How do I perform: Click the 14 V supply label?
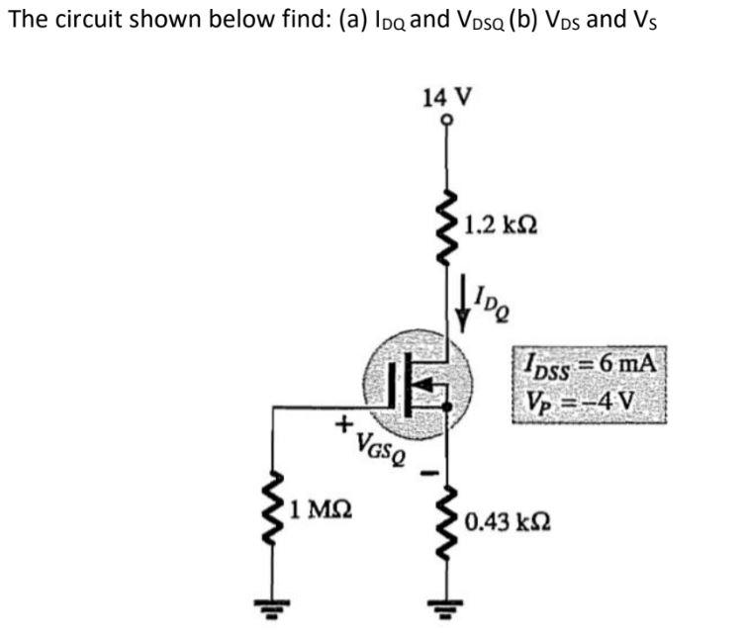(x=447, y=97)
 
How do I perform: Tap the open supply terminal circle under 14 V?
(x=446, y=120)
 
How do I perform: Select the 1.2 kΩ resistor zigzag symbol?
(x=447, y=227)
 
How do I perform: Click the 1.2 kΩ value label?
(x=502, y=225)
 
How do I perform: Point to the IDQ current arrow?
(x=462, y=304)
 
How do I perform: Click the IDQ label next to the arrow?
(x=493, y=304)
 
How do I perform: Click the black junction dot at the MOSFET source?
(x=446, y=407)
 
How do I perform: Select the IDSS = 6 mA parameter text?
(x=590, y=366)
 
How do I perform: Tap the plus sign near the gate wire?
(x=343, y=423)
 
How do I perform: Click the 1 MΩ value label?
(x=322, y=509)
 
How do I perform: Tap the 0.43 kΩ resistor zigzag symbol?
(x=447, y=519)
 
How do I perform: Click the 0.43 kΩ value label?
(x=508, y=522)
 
